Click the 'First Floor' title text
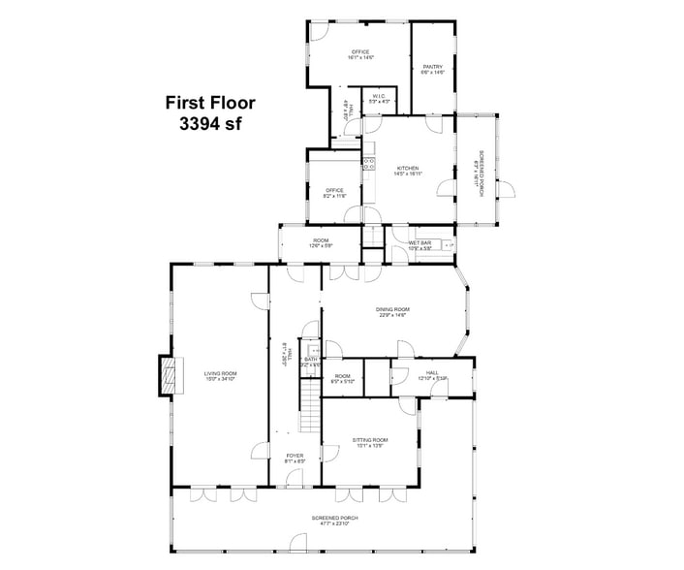209,103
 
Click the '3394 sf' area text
209,123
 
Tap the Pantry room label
433,69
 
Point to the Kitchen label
407,172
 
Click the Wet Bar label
420,246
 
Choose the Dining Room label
392,312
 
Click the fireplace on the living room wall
170,375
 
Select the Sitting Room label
372,444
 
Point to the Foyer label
295,458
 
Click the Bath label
311,362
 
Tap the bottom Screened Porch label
335,521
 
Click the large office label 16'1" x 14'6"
360,54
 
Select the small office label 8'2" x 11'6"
335,193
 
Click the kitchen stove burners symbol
368,163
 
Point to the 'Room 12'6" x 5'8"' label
321,242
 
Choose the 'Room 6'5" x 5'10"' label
342,378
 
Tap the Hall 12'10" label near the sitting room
432,375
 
